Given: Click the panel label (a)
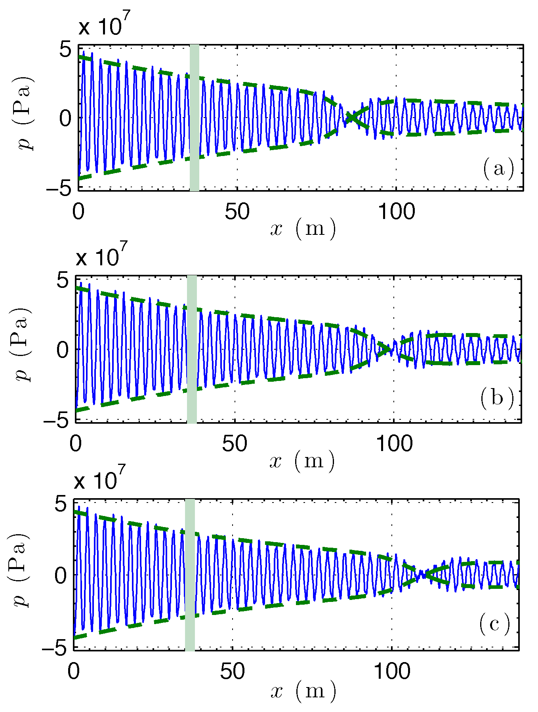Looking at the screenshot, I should [x=498, y=169].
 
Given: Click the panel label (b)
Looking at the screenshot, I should [x=497, y=398].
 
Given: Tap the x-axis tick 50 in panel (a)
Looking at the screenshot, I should [x=237, y=212].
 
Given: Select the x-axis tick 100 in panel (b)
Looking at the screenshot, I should [x=394, y=444].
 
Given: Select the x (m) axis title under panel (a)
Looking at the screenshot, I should [x=303, y=229].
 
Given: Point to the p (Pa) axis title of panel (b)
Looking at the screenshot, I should [x=22, y=344].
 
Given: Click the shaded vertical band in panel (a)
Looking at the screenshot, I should [x=194, y=118].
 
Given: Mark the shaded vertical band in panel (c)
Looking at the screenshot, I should [x=190, y=575].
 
